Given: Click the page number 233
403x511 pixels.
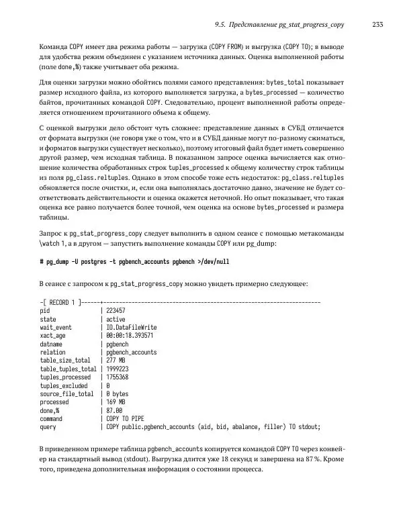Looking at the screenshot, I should (377, 25).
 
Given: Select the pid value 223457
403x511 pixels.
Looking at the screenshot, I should (116, 312).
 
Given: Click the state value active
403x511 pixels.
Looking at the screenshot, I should (116, 320).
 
